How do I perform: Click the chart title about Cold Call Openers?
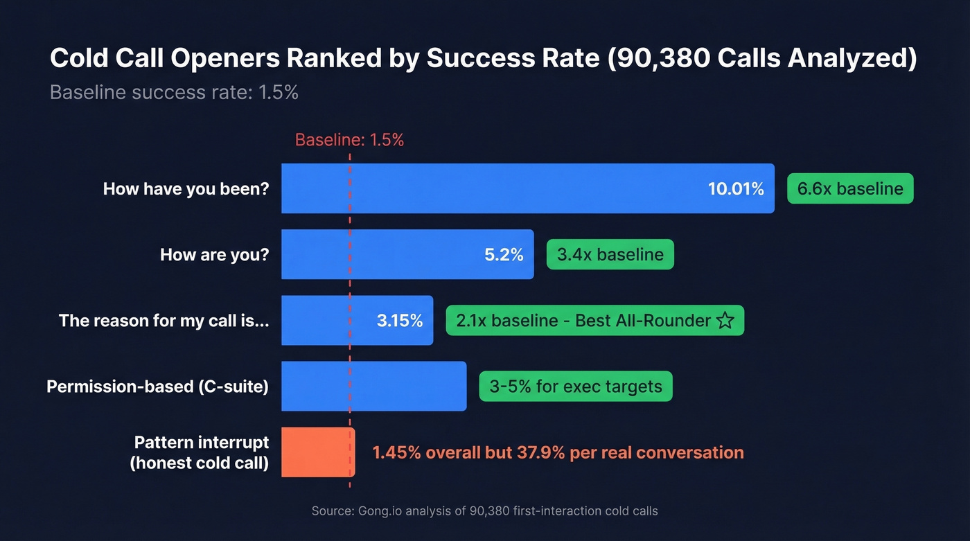pos(483,59)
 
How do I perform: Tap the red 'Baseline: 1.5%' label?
pos(349,140)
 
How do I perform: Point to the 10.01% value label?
pos(736,188)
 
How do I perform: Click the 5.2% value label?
pos(504,254)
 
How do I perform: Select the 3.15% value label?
pos(400,321)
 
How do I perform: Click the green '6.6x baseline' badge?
pos(850,188)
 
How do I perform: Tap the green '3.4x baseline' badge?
pos(610,254)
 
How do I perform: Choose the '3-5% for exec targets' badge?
pos(575,386)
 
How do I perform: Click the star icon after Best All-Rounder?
pos(725,321)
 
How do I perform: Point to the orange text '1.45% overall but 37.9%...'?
pos(558,452)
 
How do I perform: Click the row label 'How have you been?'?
pos(186,188)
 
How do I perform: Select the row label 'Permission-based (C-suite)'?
pos(157,386)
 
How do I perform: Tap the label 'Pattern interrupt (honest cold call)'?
pos(201,452)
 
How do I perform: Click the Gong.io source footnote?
pos(484,511)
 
